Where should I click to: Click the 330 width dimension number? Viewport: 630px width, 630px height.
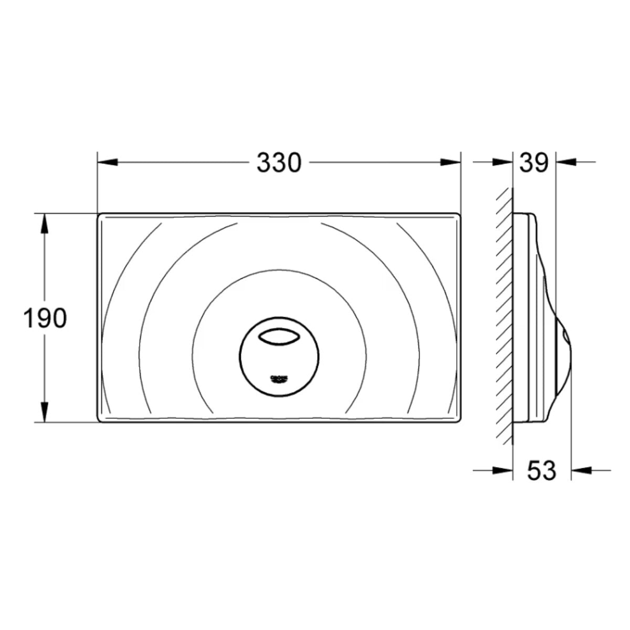pos(279,163)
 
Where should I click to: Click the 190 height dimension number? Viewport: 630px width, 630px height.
pos(45,319)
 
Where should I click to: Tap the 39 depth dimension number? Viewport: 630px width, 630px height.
pos(534,163)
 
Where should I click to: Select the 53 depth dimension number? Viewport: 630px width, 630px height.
pos(541,470)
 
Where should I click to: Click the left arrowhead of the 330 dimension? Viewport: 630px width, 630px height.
pos(107,163)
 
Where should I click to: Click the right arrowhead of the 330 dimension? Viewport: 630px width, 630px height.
pos(451,163)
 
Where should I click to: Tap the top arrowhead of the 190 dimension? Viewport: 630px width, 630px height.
pos(45,223)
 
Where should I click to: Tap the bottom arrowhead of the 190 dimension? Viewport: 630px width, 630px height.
pos(45,412)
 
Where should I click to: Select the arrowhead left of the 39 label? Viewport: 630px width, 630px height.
pos(503,163)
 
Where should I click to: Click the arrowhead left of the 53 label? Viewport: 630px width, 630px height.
pos(503,470)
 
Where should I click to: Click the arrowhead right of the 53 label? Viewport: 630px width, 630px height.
pos(581,470)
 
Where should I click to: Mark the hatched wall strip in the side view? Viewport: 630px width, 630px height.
pos(503,315)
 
